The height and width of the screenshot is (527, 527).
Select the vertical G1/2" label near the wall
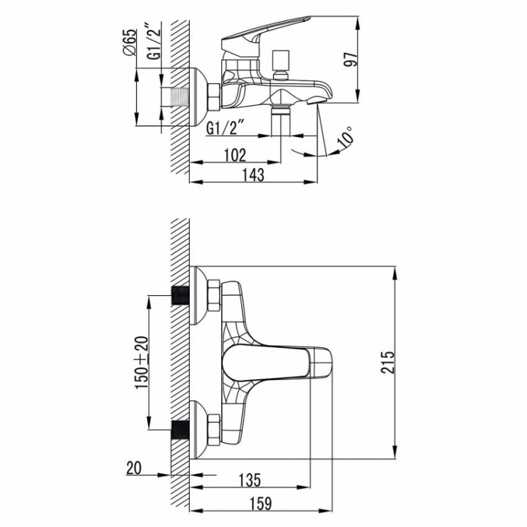(153, 42)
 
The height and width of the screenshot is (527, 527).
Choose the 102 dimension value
(235, 155)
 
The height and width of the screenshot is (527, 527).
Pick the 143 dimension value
(253, 175)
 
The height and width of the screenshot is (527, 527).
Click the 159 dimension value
(259, 503)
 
